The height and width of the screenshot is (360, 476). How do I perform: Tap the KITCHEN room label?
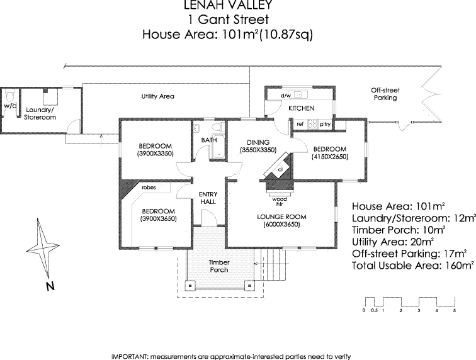tap(301, 109)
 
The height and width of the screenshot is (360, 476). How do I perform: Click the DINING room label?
tap(258, 143)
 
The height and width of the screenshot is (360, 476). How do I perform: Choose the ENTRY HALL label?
tap(207, 198)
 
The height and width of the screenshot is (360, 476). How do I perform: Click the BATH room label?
tap(208, 140)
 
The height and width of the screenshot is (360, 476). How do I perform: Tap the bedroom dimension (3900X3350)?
tap(154, 153)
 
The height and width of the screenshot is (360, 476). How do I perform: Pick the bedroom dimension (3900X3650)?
tap(158, 218)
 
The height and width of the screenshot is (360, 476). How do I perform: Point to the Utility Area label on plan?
tap(157, 96)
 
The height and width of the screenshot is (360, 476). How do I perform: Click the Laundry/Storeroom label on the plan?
tap(39, 113)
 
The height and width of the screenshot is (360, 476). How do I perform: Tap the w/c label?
tap(10, 106)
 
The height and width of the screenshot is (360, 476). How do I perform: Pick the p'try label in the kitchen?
tap(325, 125)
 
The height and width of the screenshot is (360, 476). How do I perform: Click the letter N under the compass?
tap(49, 287)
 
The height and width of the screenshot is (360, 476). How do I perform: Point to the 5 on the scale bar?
tap(454, 311)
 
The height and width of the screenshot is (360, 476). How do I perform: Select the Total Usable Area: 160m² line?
tap(412, 266)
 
